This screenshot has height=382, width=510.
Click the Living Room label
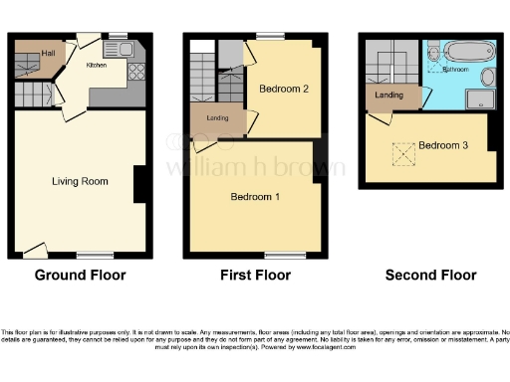[80, 181]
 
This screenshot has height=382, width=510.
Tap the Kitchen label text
[97, 65]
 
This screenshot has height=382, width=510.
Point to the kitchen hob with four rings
[135, 71]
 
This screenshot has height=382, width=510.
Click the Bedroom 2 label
[283, 89]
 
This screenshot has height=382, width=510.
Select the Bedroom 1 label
[255, 197]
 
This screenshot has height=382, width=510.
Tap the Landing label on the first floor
[217, 118]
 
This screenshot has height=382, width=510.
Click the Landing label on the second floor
[389, 95]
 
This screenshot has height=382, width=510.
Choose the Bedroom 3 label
[442, 145]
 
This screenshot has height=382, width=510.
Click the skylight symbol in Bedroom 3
[402, 155]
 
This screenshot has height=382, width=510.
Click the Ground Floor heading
[80, 276]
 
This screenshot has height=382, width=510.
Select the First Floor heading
[255, 276]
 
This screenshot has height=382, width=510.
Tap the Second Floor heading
[430, 276]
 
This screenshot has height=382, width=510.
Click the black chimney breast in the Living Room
[139, 182]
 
